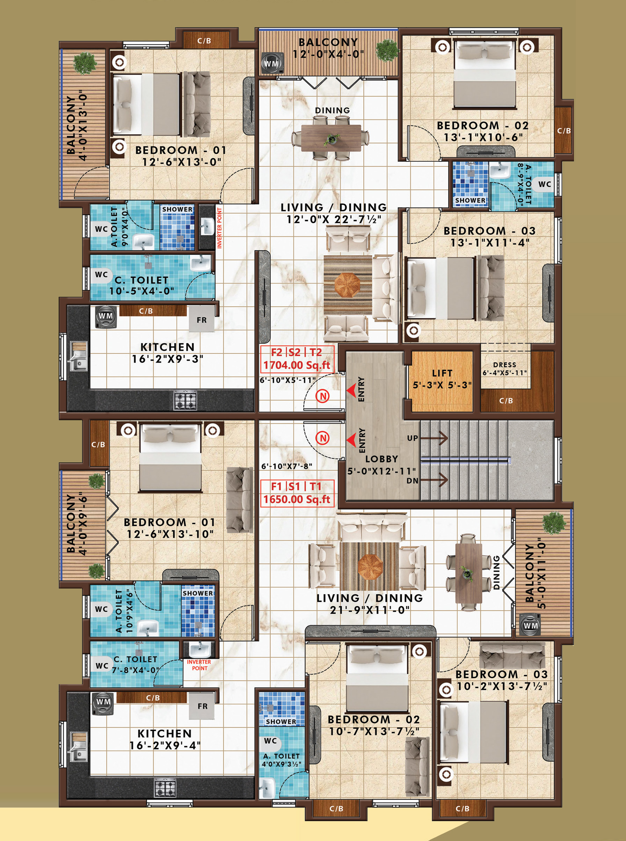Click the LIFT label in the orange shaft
click(442, 373)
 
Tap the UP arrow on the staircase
click(434, 438)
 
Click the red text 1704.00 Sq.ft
click(297, 365)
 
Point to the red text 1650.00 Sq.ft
click(297, 499)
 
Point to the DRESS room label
click(504, 364)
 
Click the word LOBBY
click(381, 459)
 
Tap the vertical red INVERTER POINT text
click(219, 228)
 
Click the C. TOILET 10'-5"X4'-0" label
click(142, 286)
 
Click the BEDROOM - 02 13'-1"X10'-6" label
click(483, 131)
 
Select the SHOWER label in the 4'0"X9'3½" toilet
click(281, 721)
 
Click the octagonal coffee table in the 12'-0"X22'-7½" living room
click(348, 283)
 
